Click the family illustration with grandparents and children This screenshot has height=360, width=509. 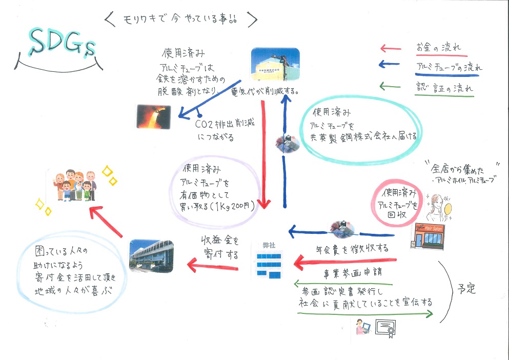tap(75, 185)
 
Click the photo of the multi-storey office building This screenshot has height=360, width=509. tap(151, 255)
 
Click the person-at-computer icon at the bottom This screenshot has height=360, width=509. tap(364, 327)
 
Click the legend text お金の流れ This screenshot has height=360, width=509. tap(438, 48)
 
